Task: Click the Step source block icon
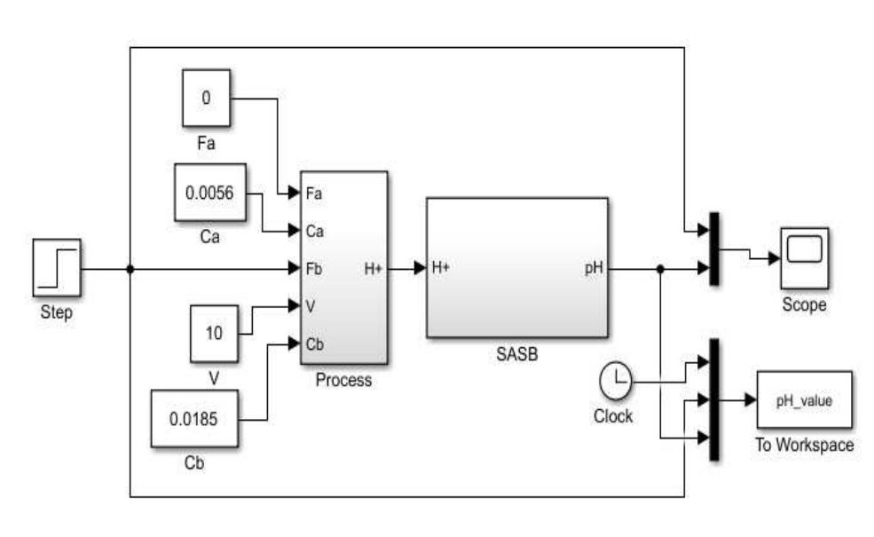tap(57, 267)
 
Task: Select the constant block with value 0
tap(206, 98)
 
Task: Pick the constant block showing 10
tap(214, 334)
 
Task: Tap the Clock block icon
tap(616, 383)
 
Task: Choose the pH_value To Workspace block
tap(804, 400)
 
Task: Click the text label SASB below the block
tap(516, 355)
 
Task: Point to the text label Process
tap(343, 381)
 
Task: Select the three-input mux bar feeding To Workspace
tap(715, 399)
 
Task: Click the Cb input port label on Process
tap(315, 344)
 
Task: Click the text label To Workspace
tap(804, 445)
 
